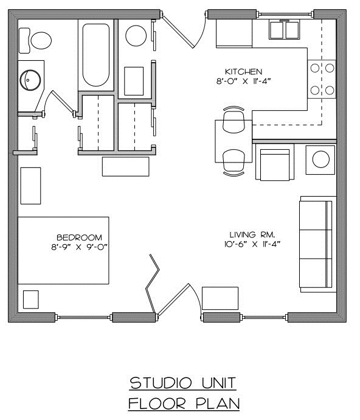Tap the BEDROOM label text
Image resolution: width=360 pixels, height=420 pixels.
coord(79,237)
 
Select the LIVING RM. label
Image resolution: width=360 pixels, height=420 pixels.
coord(249,234)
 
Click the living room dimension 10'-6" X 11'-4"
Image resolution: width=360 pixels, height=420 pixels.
coord(249,244)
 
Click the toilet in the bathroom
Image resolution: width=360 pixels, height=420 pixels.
coord(39,40)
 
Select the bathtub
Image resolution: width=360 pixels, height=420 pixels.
coord(95,55)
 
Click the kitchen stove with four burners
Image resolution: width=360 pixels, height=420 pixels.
coord(322,80)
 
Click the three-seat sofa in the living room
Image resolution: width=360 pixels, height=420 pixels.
coord(317,243)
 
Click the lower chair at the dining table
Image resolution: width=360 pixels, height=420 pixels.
coord(234,162)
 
